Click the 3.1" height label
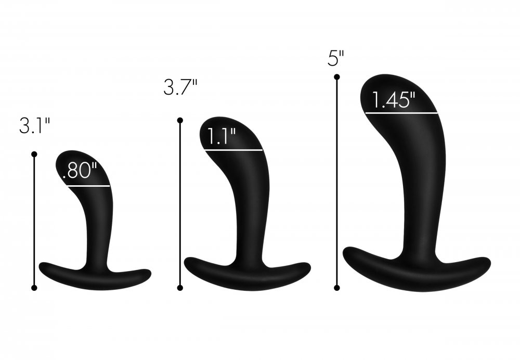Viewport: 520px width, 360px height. click(x=34, y=126)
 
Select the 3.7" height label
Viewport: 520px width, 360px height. click(x=180, y=87)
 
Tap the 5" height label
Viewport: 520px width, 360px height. click(x=336, y=58)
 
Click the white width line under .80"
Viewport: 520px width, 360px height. click(x=86, y=186)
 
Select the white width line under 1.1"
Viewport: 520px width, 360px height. click(x=233, y=150)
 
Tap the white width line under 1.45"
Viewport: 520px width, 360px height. click(x=401, y=112)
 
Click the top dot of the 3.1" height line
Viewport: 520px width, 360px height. click(x=34, y=154)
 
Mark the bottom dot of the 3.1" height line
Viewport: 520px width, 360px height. click(x=34, y=287)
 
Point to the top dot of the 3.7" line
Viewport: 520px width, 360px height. click(x=180, y=121)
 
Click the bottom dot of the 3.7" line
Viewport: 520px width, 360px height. click(x=180, y=287)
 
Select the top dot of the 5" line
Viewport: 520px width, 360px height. click(x=337, y=77)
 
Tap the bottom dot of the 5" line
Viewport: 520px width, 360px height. click(x=337, y=287)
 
